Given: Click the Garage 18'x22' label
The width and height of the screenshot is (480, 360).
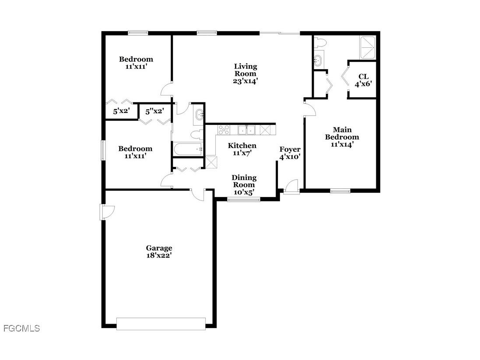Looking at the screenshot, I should coord(159,252).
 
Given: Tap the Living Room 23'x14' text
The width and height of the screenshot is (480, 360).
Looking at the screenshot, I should coord(245,74).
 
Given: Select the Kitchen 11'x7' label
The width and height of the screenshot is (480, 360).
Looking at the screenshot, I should coord(242,149).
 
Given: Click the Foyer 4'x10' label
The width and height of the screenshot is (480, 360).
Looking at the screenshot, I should coord(290,153).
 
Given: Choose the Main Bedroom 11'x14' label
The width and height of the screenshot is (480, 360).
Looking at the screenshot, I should coord(342,137).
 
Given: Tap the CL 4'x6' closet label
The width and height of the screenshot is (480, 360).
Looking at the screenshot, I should coord(363,80).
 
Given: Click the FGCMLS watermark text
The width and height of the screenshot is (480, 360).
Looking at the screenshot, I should coord(21,328).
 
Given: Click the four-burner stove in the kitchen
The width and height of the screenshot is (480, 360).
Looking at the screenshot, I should coord(224,129).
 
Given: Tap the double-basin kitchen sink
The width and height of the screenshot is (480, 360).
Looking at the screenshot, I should coord(247,130).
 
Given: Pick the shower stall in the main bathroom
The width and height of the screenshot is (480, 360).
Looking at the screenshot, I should coord(367,47).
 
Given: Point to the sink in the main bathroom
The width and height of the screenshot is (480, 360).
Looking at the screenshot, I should coord(319,60).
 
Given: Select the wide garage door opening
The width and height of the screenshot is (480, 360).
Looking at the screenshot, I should coord(161,324).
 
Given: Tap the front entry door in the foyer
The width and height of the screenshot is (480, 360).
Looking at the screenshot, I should coord(291,187).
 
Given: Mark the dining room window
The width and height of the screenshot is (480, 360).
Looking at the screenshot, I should coord(244,200).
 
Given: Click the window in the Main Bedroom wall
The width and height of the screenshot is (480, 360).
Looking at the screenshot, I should coord(340,191).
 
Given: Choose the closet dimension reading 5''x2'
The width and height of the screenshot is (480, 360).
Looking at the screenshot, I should coord(154,111).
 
